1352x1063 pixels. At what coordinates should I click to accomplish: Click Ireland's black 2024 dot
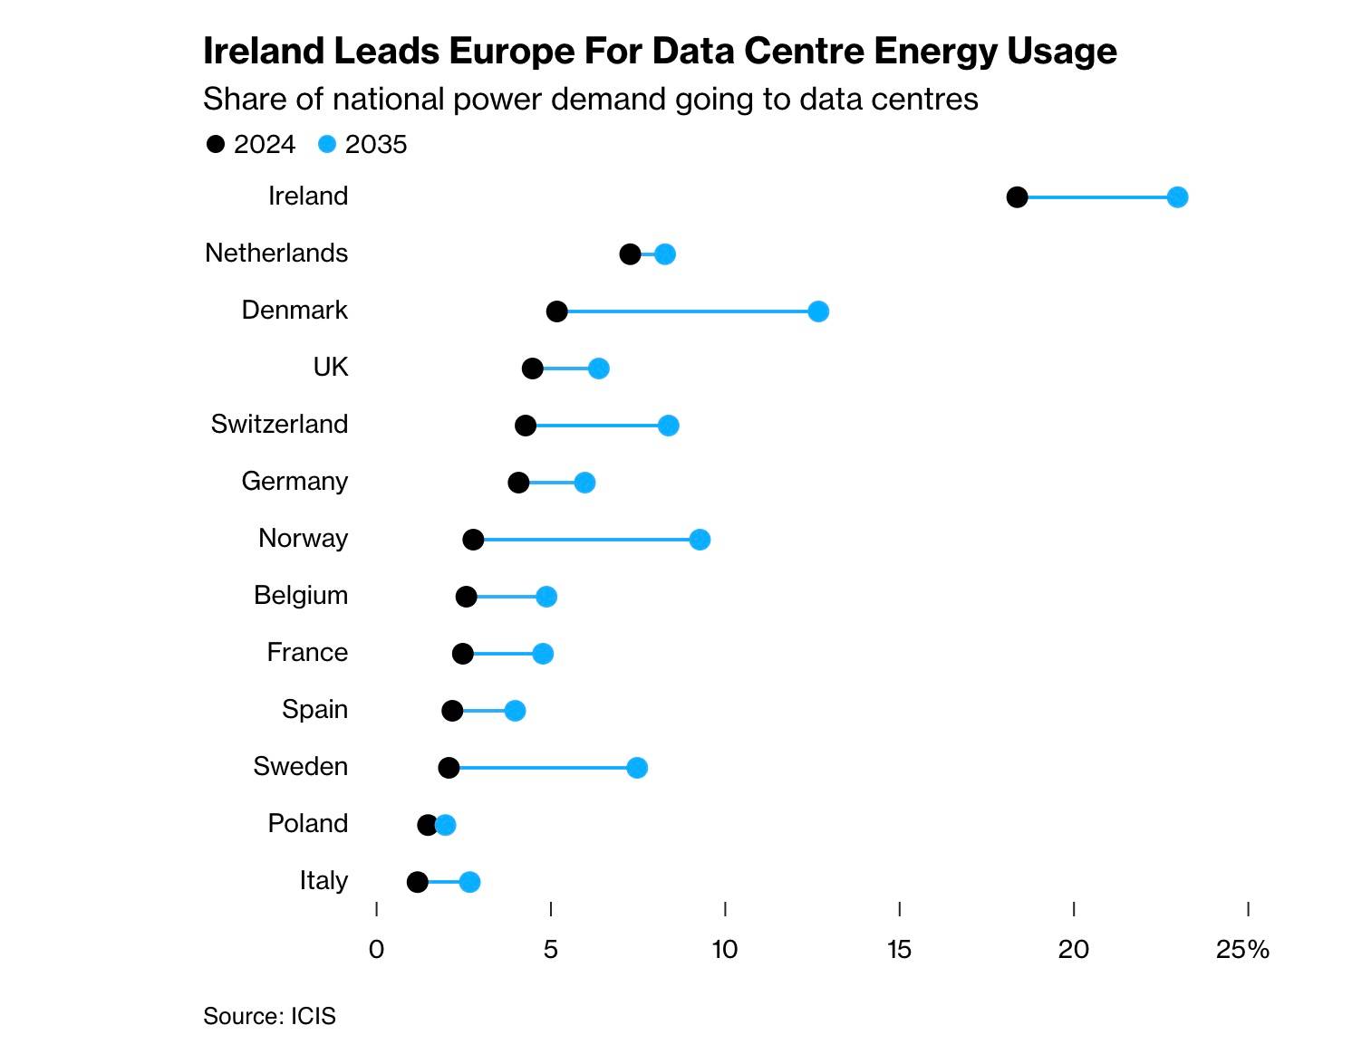click(x=1017, y=197)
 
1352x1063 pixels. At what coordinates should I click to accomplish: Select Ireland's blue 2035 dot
click(x=1177, y=197)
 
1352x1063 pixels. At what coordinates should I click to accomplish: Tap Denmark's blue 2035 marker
click(x=818, y=311)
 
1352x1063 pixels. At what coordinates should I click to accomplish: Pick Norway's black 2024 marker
click(x=473, y=540)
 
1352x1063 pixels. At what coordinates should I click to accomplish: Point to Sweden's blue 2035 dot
click(x=637, y=768)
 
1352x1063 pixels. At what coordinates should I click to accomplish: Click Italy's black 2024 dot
click(x=417, y=882)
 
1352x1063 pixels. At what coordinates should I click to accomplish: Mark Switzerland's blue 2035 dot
click(x=669, y=426)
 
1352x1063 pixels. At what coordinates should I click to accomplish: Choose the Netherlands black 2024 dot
click(x=630, y=254)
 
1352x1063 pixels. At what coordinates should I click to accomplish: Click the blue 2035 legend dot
click(x=328, y=144)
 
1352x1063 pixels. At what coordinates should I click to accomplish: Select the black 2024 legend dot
click(x=216, y=144)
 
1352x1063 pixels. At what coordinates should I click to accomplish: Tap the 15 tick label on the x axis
click(x=898, y=949)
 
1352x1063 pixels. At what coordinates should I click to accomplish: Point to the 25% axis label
click(x=1242, y=949)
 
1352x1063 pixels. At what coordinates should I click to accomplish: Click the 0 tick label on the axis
click(x=376, y=949)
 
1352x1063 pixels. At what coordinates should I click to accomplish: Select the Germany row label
click(x=295, y=481)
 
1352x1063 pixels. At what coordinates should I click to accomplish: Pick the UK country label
click(x=331, y=367)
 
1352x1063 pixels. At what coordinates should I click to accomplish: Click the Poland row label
click(x=308, y=823)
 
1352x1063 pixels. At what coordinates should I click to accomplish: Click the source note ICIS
click(x=313, y=1016)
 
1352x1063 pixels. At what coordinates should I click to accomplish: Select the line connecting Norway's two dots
click(x=586, y=540)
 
